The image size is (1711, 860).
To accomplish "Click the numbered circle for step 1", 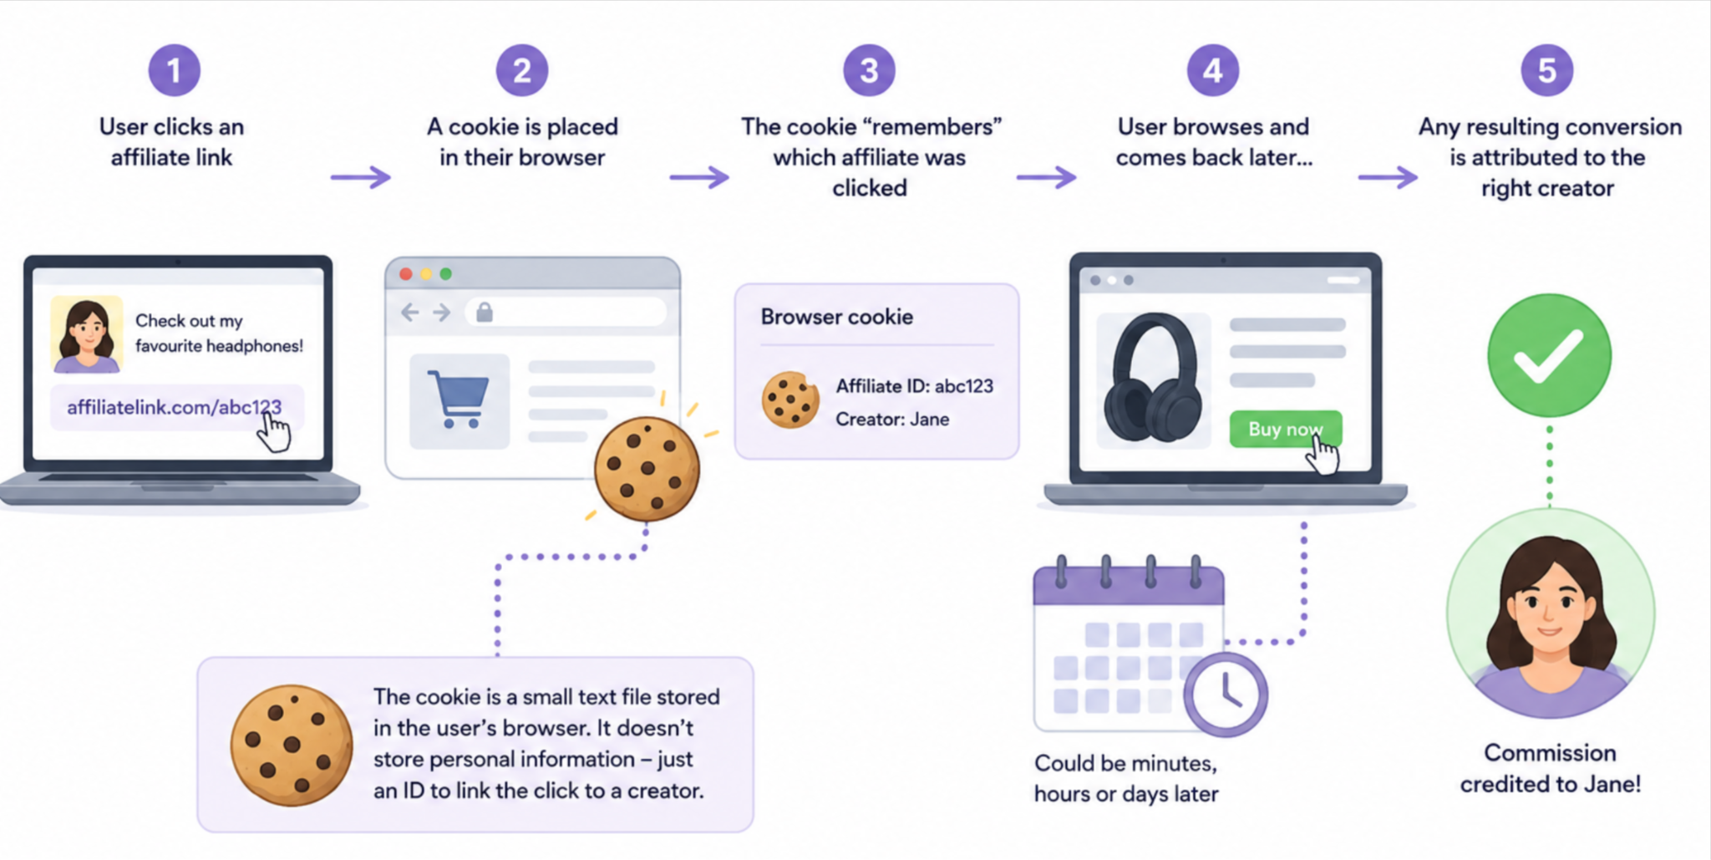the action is pyautogui.click(x=174, y=70).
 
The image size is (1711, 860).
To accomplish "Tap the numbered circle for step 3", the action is pyautogui.click(x=869, y=70).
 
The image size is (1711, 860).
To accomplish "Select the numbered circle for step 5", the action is pyautogui.click(x=1547, y=70).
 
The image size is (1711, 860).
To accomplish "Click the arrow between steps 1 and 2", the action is pyautogui.click(x=361, y=177).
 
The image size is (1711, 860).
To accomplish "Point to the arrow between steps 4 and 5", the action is pyautogui.click(x=1388, y=177).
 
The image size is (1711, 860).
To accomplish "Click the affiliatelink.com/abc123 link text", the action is pyautogui.click(x=174, y=407).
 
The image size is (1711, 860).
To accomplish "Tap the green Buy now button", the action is pyautogui.click(x=1286, y=429).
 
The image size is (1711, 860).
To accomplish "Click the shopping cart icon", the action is pyautogui.click(x=459, y=399).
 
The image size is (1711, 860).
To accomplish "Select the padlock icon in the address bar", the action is pyautogui.click(x=485, y=313).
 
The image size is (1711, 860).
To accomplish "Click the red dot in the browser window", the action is pyautogui.click(x=406, y=274).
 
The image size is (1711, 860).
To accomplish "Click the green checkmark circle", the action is pyautogui.click(x=1549, y=355).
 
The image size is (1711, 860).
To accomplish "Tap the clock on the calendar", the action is pyautogui.click(x=1226, y=695).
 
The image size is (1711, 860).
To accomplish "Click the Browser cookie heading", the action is pyautogui.click(x=836, y=317).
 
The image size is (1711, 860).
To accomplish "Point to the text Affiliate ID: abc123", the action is pyautogui.click(x=915, y=386).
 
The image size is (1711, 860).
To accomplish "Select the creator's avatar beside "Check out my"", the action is pyautogui.click(x=87, y=334).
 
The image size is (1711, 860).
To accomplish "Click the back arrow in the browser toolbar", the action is pyautogui.click(x=409, y=313).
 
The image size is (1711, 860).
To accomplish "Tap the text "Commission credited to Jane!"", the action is pyautogui.click(x=1550, y=768).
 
